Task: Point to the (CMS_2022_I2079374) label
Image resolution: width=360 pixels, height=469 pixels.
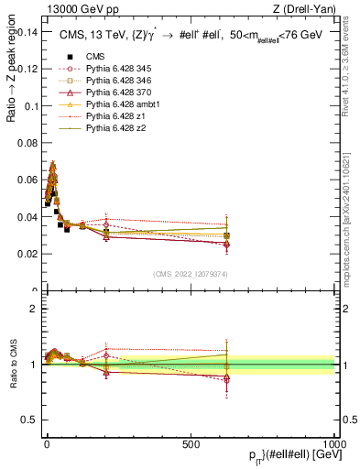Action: click(191, 272)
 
